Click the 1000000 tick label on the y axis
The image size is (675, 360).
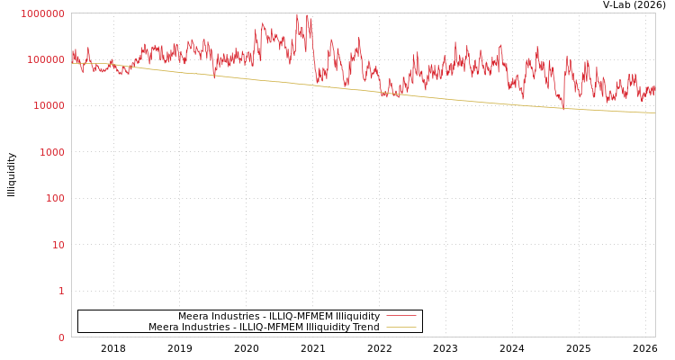42,13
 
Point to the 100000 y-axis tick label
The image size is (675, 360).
45,59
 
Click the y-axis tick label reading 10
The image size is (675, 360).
58,245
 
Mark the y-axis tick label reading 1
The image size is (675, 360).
61,291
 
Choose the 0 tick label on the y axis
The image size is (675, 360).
61,337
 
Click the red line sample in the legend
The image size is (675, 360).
400,316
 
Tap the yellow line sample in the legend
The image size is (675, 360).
400,327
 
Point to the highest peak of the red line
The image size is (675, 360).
297,13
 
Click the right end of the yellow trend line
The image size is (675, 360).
654,112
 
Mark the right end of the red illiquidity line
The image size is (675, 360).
654,89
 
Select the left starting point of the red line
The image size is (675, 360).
72,56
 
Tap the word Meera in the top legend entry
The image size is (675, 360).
193,316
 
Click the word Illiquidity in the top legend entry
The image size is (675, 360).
357,316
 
